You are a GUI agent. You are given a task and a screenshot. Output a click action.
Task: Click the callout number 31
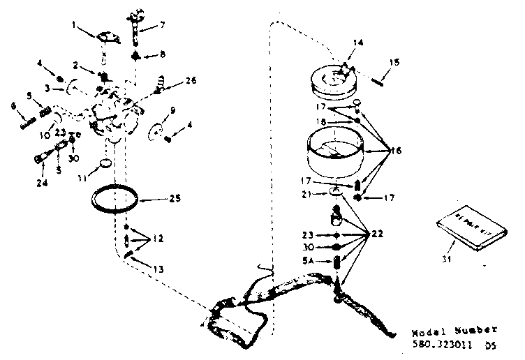tap(448, 260)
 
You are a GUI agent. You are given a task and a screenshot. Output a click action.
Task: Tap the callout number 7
tap(163, 25)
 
